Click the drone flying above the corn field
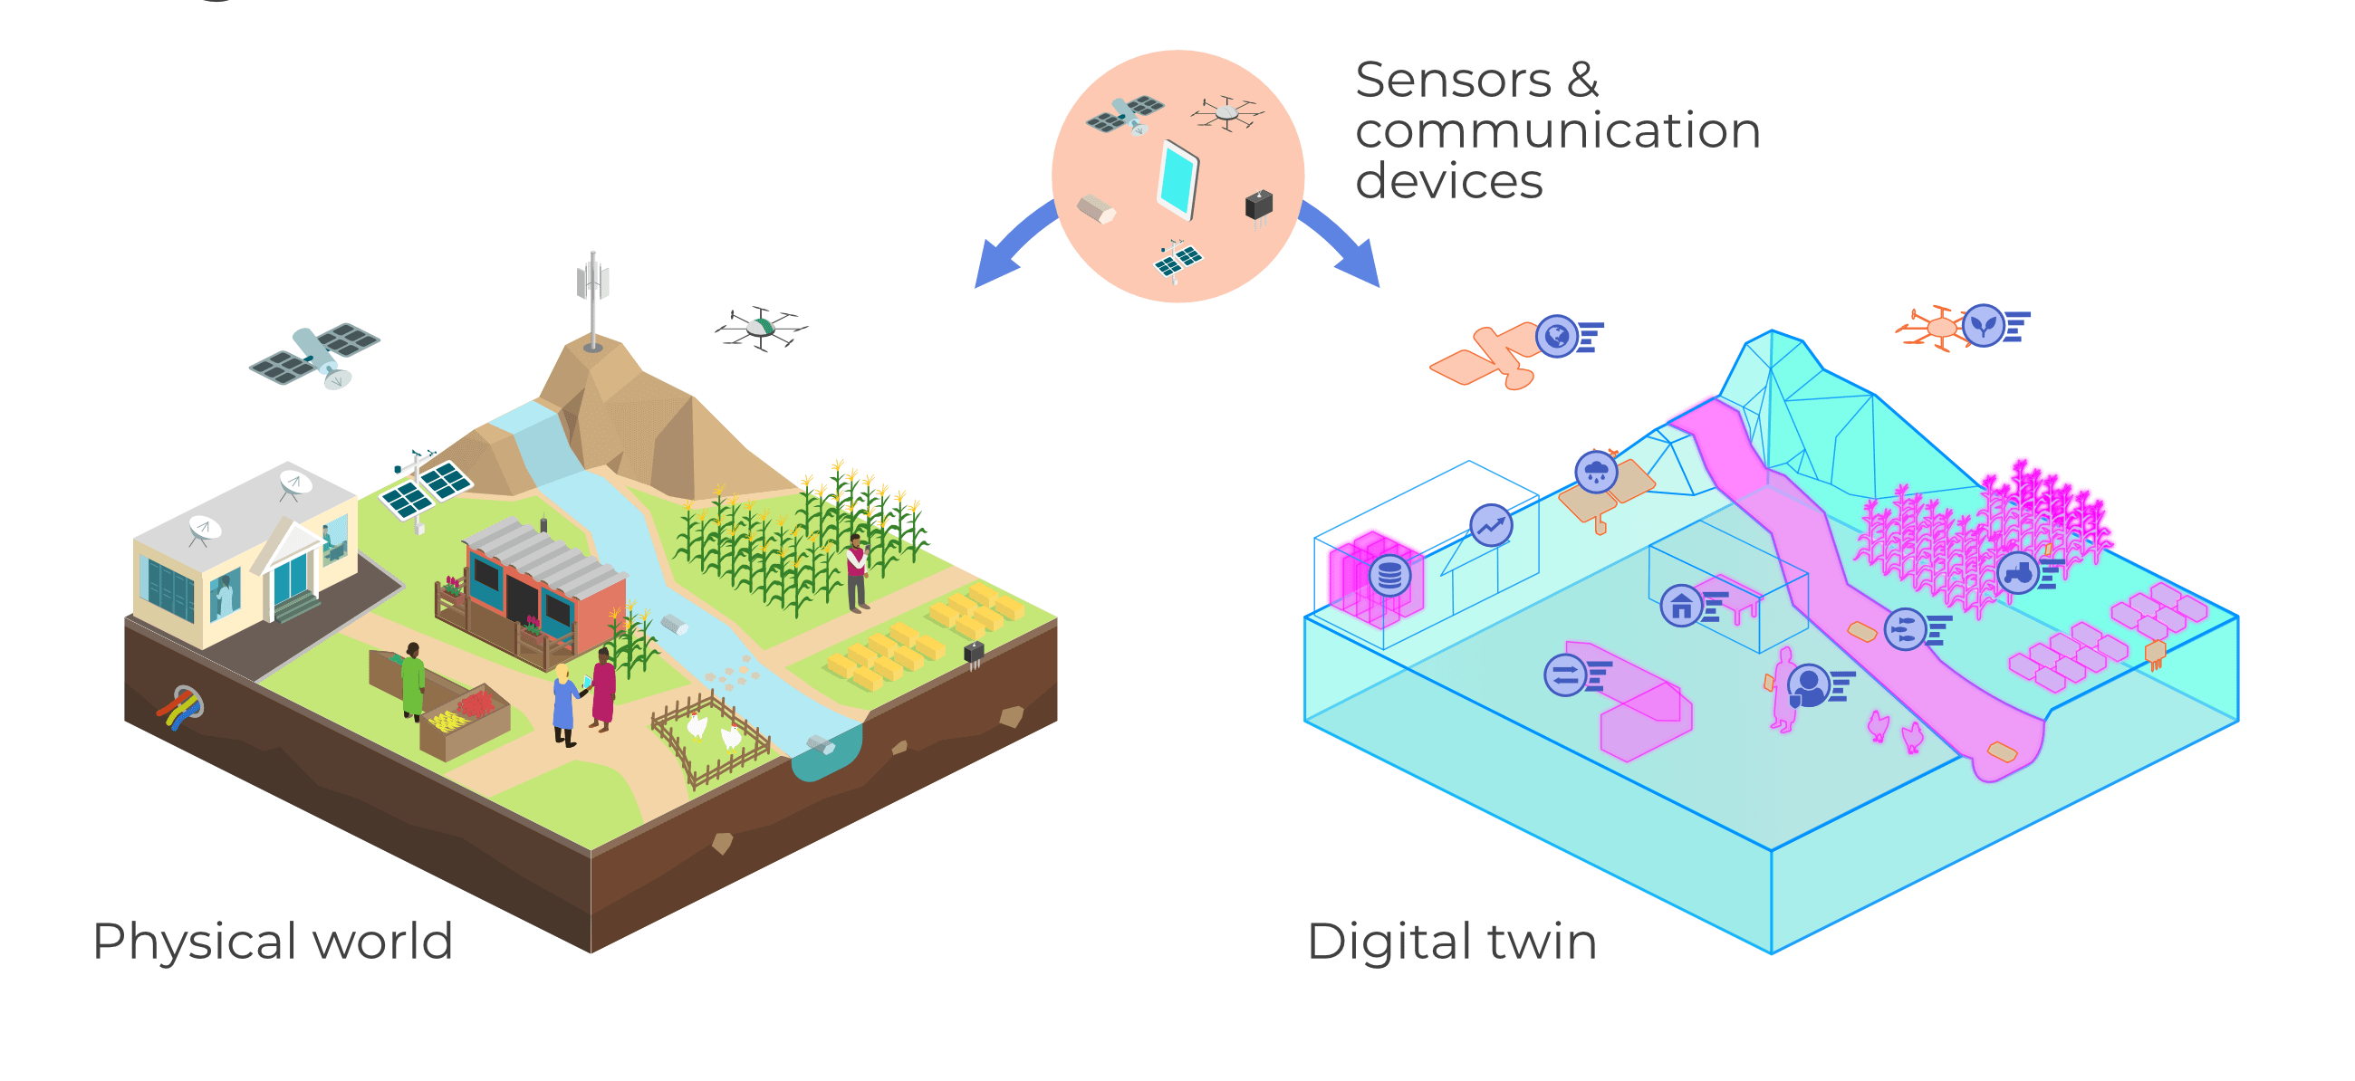[x=761, y=327]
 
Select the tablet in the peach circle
[x=1177, y=180]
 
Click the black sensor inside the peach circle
[x=1259, y=205]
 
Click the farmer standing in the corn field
[x=856, y=572]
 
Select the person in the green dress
[x=413, y=681]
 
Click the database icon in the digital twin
[x=1389, y=576]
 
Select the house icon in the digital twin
[x=1680, y=606]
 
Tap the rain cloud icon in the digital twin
[x=1596, y=473]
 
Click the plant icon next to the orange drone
[x=1983, y=325]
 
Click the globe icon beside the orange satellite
[x=1557, y=336]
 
